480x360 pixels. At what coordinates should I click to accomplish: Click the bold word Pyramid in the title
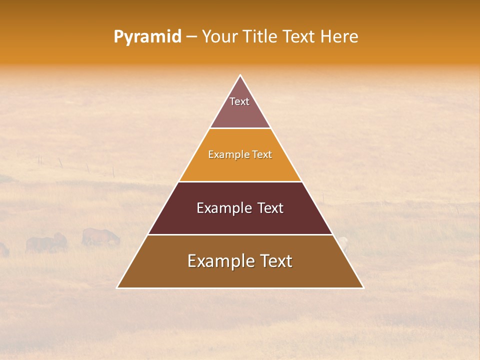click(x=147, y=37)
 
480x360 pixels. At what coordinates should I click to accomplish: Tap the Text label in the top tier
click(x=239, y=101)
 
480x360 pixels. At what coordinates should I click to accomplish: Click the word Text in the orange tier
click(x=262, y=154)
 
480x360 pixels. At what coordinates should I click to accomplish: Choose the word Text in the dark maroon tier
click(x=270, y=208)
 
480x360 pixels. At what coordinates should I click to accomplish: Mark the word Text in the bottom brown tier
click(x=276, y=261)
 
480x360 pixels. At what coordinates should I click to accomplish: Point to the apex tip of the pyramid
click(x=240, y=76)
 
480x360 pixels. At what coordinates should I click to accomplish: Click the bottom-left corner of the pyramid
click(x=117, y=287)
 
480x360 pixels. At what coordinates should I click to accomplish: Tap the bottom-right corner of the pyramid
click(x=363, y=287)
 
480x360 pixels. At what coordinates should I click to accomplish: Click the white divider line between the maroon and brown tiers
click(x=240, y=234)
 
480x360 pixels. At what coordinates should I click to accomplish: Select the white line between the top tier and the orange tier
click(x=240, y=128)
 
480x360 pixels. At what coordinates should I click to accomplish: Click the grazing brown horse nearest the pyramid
click(x=100, y=236)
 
